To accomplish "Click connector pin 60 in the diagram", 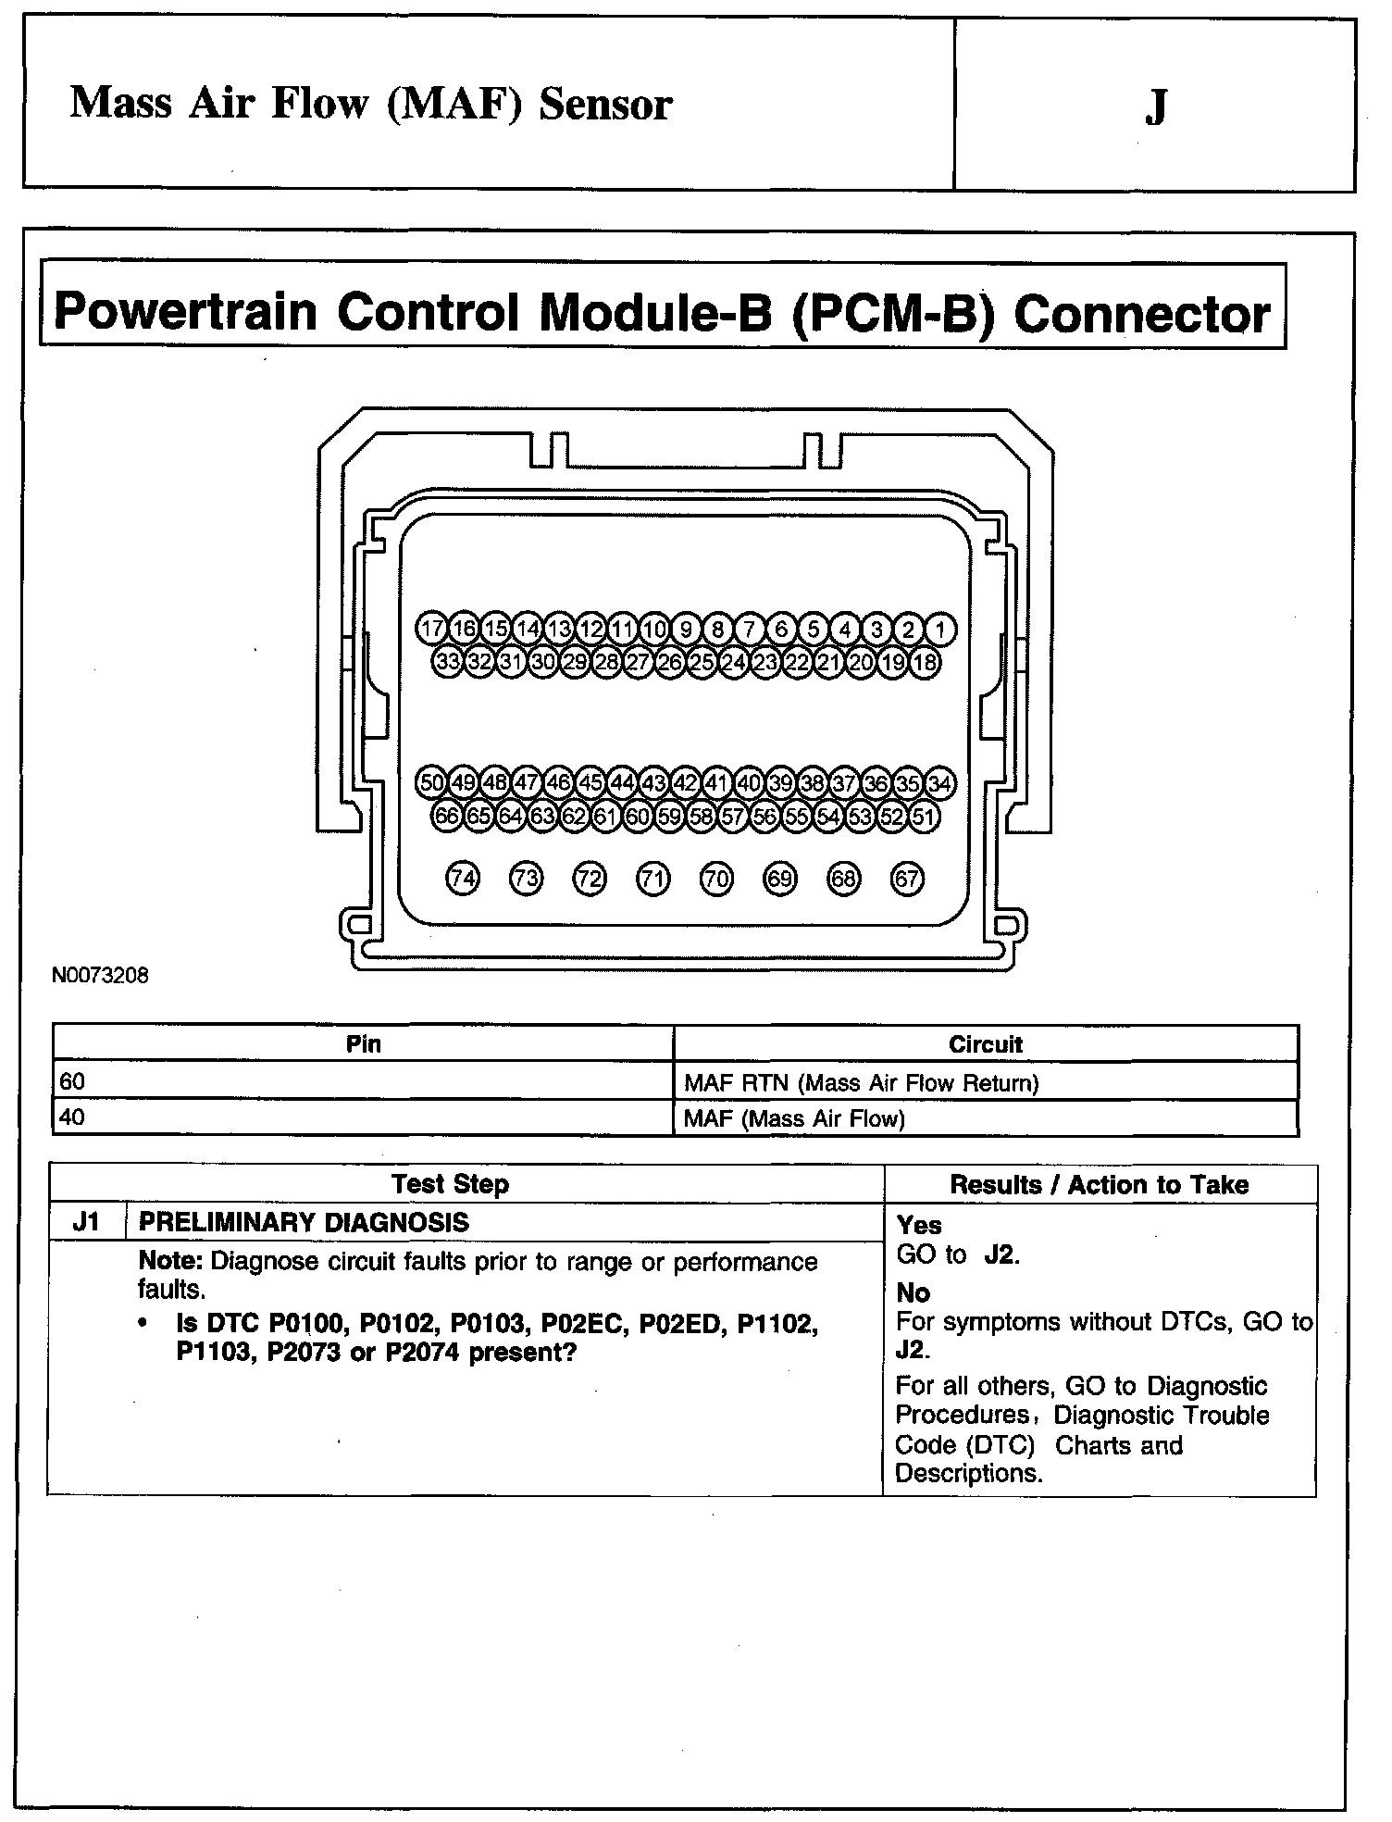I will tap(638, 817).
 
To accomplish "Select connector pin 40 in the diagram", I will tap(749, 783).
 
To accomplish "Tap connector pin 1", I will tap(940, 630).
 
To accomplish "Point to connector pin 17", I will tap(431, 630).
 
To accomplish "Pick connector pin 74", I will tap(463, 879).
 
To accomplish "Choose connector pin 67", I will tap(907, 879).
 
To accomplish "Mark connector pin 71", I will tap(653, 879).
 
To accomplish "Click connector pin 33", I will tap(448, 662).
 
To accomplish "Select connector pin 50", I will tap(431, 783).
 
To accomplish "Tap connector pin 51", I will tap(924, 817).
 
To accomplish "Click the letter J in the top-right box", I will tap(1155, 107).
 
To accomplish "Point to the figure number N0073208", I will tap(100, 976).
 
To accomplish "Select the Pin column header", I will tap(363, 1044).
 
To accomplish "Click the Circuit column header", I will tap(985, 1045).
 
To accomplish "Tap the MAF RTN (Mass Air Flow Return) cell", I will tap(861, 1083).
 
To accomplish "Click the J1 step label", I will tap(86, 1222).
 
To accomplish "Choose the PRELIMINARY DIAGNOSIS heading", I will tap(304, 1223).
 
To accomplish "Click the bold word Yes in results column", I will tap(919, 1226).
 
